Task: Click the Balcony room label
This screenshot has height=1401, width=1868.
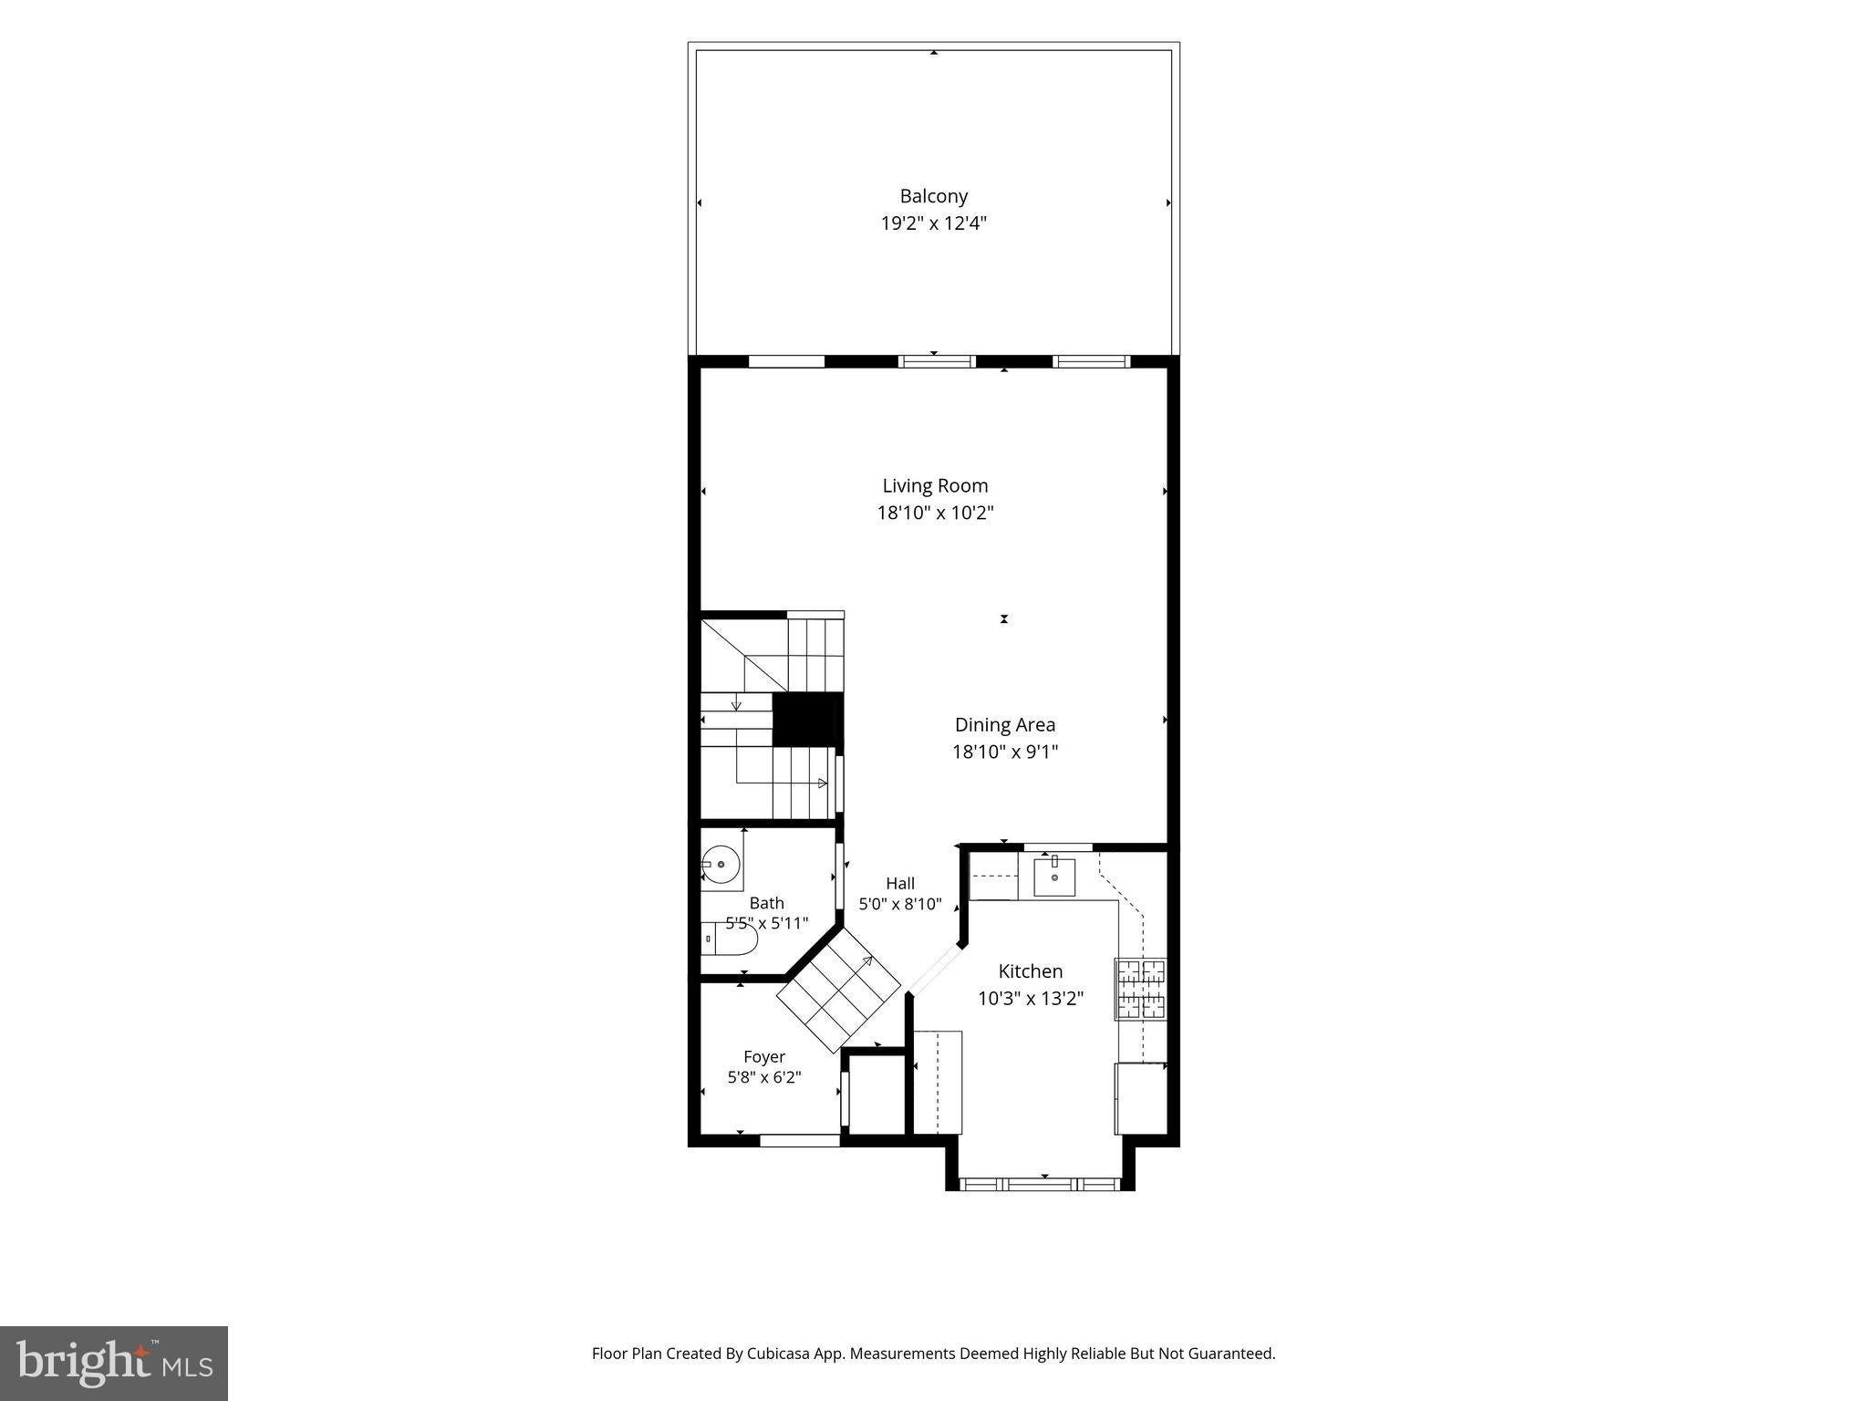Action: [x=933, y=196]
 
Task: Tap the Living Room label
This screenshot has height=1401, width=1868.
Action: [x=935, y=486]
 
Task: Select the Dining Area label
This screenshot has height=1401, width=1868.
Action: [x=1005, y=725]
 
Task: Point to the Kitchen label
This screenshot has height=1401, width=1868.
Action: [x=1031, y=971]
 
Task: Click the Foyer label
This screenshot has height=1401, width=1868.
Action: [x=764, y=1057]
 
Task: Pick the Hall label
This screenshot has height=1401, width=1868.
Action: [x=900, y=883]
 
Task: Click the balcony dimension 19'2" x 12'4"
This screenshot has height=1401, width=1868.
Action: [x=933, y=223]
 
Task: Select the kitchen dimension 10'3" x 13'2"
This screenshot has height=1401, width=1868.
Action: [x=1031, y=999]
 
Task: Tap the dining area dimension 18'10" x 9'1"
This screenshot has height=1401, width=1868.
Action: [x=1005, y=752]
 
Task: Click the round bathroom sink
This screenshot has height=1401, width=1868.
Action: [x=721, y=864]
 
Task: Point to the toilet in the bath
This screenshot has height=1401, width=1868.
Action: [x=731, y=939]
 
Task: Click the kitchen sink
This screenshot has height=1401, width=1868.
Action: [x=1054, y=877]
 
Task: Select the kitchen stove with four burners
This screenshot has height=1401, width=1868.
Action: [x=1140, y=989]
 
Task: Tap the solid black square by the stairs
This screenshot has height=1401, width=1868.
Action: [x=807, y=720]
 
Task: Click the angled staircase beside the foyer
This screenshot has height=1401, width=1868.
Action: [x=839, y=991]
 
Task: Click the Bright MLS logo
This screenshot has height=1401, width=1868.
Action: [x=114, y=1363]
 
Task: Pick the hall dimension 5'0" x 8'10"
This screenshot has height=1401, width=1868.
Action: [x=900, y=905]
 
